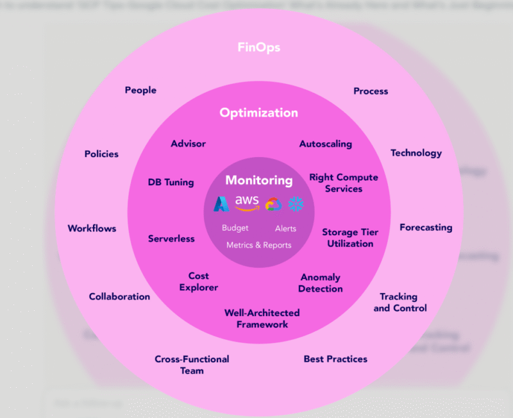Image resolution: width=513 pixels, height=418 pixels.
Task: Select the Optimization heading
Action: (x=258, y=113)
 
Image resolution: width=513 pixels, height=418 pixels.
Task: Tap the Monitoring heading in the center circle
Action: (x=258, y=181)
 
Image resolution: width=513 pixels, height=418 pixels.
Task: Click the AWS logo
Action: (x=247, y=203)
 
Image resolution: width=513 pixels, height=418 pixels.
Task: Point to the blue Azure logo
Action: (x=222, y=204)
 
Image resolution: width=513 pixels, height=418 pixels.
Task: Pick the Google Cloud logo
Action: (x=273, y=204)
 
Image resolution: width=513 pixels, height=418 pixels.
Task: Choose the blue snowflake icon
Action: (x=296, y=204)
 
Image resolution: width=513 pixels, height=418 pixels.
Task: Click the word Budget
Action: (x=235, y=228)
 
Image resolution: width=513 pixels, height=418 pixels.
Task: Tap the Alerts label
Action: (x=285, y=229)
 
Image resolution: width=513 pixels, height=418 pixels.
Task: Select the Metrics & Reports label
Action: (x=258, y=245)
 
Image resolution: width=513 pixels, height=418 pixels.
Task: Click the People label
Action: (x=140, y=90)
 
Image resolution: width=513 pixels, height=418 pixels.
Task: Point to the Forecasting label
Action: (x=426, y=228)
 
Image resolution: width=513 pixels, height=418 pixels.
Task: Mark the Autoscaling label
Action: (x=326, y=144)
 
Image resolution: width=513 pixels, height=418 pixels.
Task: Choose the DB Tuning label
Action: (x=171, y=182)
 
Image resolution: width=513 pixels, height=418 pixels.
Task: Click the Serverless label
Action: (x=171, y=238)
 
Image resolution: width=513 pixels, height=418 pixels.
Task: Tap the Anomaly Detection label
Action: (x=321, y=283)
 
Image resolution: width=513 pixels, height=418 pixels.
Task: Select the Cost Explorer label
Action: (x=199, y=281)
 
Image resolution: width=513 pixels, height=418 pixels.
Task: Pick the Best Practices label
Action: (x=335, y=359)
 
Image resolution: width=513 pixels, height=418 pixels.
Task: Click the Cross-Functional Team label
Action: (x=192, y=365)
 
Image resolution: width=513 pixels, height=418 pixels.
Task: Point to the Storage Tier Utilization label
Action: (x=350, y=238)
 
